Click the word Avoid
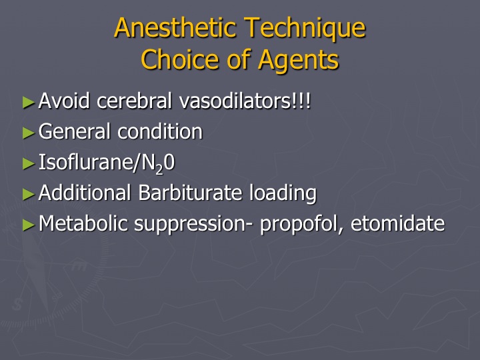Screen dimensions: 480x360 64,101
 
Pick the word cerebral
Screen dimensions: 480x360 135,101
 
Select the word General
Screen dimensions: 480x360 75,131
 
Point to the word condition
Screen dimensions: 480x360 160,131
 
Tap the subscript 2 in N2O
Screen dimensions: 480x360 159,169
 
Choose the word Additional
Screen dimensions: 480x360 85,193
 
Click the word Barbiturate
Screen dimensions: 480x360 190,193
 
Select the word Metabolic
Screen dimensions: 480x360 83,223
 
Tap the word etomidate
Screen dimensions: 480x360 397,223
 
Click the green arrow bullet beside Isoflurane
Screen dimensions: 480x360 29,163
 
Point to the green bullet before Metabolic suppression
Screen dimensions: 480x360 29,225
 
